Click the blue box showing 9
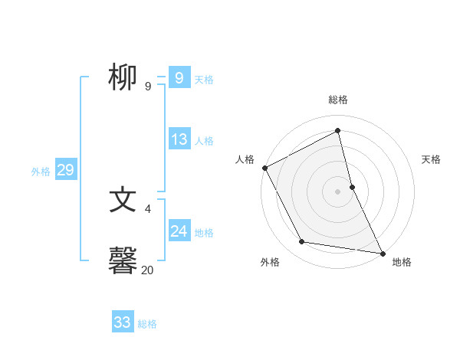click(179, 78)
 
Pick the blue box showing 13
click(179, 139)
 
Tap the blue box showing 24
click(179, 231)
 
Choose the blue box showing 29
click(65, 170)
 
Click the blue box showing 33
click(123, 322)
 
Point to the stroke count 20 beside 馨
click(147, 270)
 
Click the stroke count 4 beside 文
click(147, 208)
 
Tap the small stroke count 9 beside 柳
click(147, 87)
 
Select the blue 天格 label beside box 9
click(204, 80)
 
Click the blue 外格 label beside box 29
click(41, 172)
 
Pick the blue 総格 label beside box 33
click(147, 324)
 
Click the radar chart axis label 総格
click(338, 100)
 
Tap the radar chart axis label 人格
click(245, 159)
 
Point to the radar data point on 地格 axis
click(382, 252)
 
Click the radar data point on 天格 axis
click(352, 186)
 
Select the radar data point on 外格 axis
click(302, 242)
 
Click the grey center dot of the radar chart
click(338, 191)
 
